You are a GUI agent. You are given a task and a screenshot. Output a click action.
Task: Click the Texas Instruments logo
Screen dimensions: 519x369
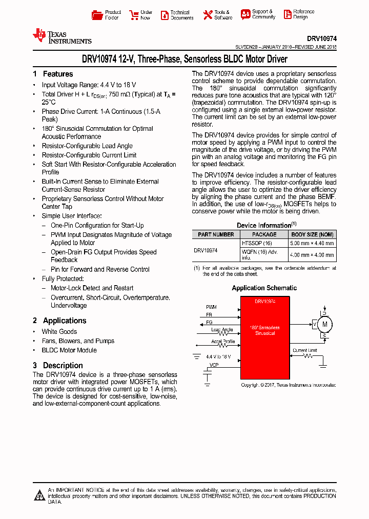click(61, 36)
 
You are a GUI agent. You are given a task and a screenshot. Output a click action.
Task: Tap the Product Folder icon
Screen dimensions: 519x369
click(97, 15)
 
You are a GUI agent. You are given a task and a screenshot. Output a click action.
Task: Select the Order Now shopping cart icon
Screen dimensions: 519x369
click(134, 15)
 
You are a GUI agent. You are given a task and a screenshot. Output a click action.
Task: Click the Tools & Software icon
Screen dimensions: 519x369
click(208, 15)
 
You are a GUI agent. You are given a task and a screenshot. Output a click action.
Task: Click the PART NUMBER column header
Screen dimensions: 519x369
click(216, 234)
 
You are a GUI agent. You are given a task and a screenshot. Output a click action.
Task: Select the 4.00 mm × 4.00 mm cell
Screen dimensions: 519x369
click(312, 254)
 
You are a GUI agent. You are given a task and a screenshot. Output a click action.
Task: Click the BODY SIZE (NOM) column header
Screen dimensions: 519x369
click(312, 234)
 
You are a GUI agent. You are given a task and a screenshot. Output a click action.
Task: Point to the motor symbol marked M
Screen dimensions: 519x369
click(323, 324)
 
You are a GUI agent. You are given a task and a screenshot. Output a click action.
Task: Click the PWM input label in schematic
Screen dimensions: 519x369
click(211, 307)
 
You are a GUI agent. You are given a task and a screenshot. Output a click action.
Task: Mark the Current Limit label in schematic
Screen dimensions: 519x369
click(305, 350)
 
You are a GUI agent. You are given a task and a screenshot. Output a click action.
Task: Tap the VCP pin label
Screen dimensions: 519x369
click(214, 365)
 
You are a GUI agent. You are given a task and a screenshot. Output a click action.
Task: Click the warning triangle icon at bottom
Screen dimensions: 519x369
click(39, 495)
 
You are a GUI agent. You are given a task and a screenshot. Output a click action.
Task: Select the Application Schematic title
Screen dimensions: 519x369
click(264, 288)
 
